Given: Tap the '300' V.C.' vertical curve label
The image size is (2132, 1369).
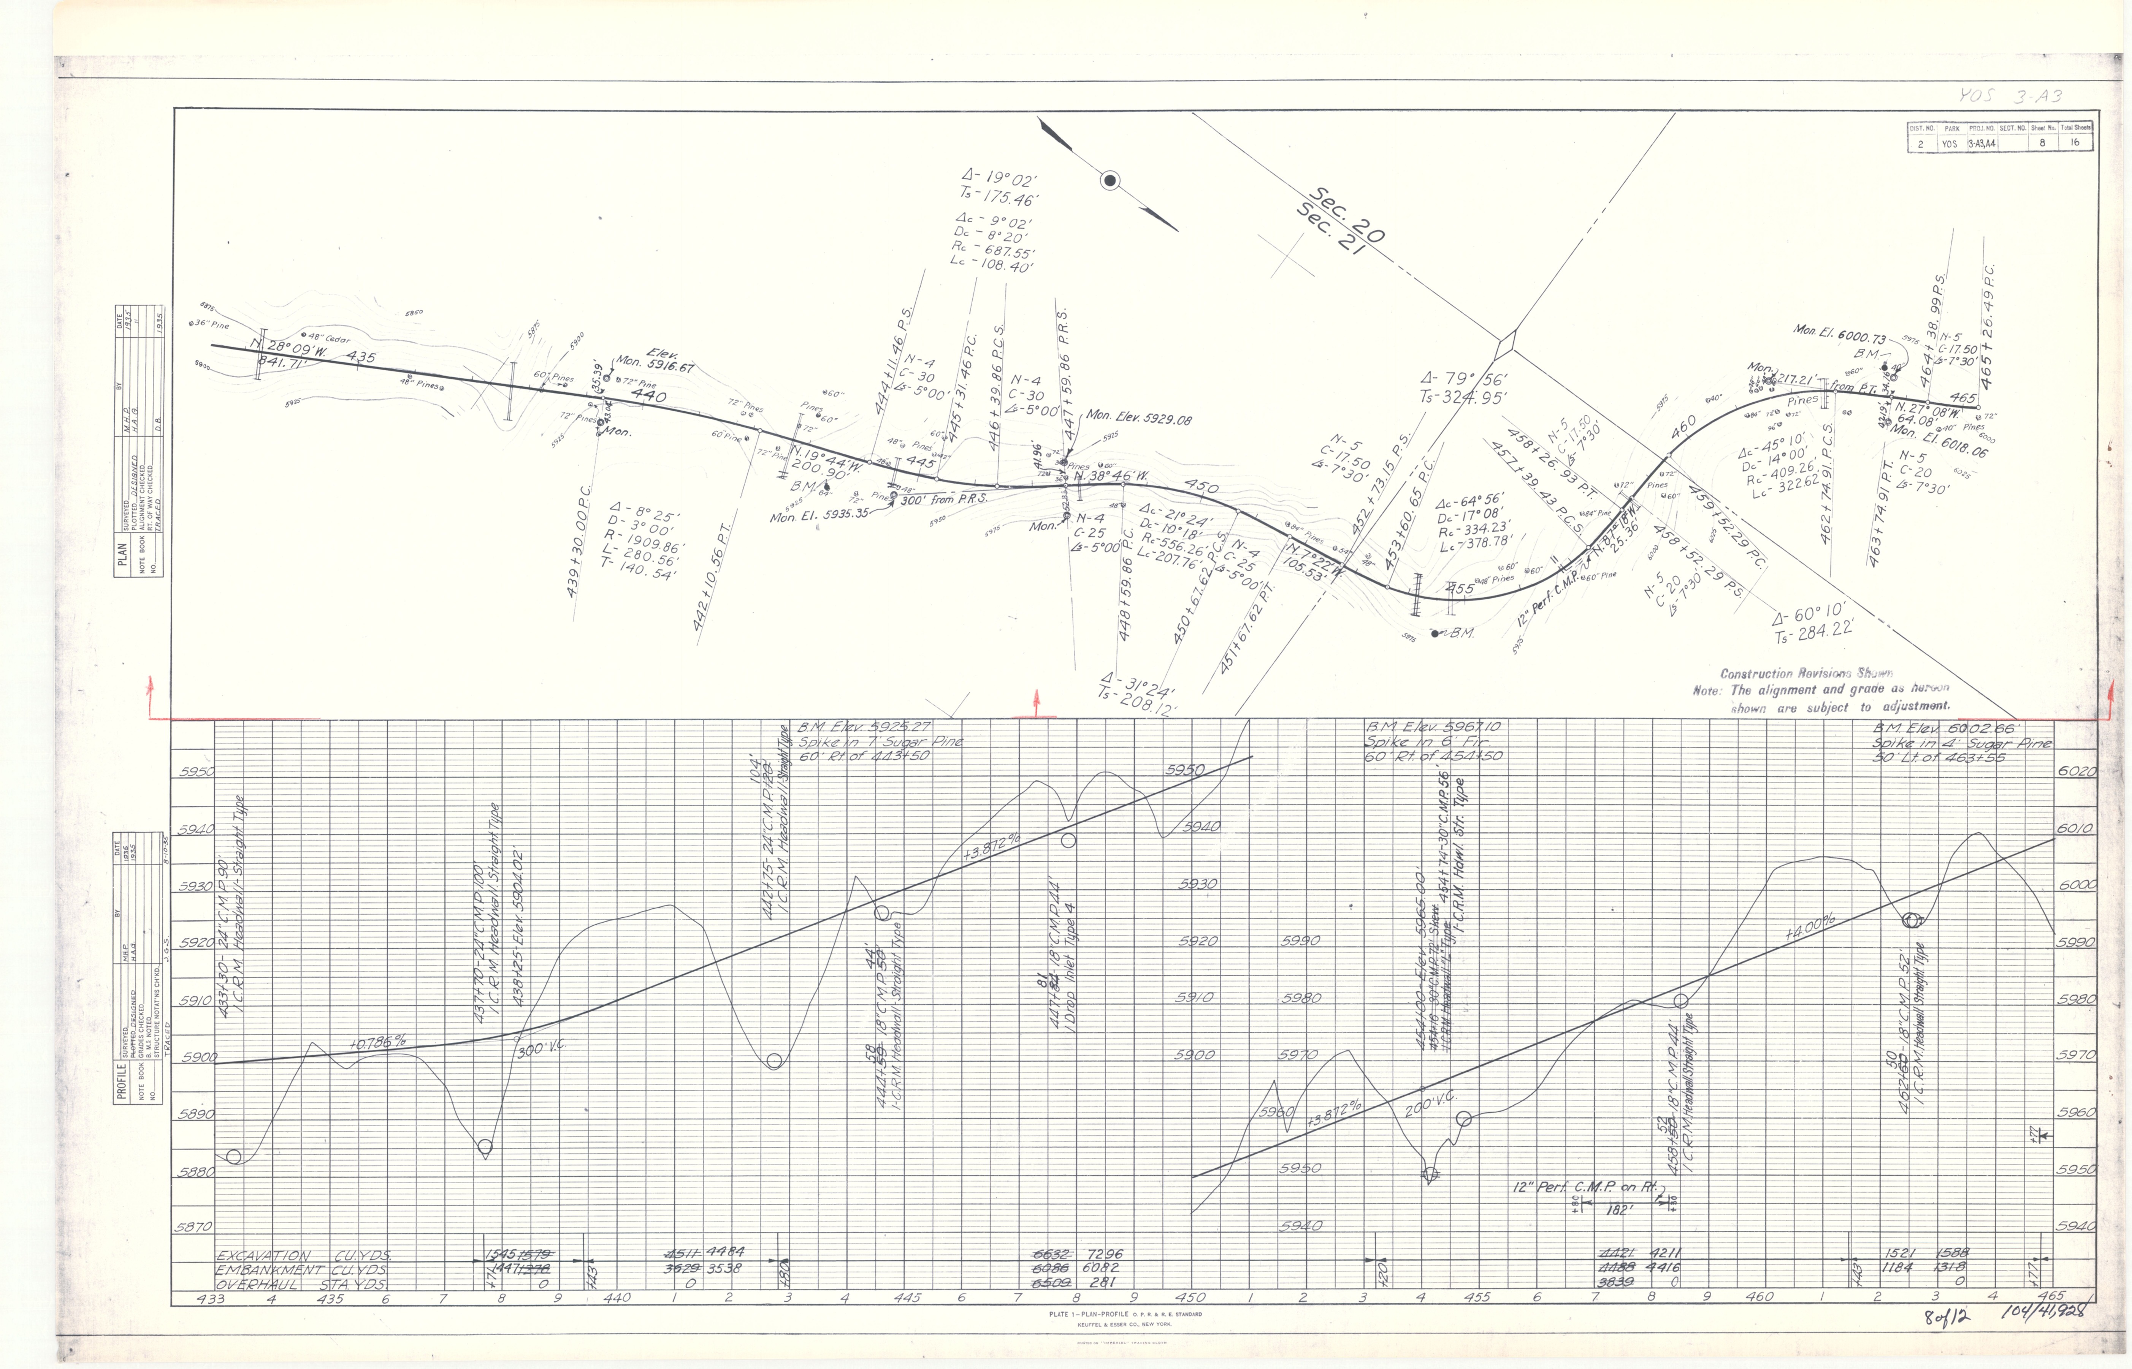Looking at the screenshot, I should (542, 1049).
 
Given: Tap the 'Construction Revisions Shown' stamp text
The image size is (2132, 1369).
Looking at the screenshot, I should (1805, 674).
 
